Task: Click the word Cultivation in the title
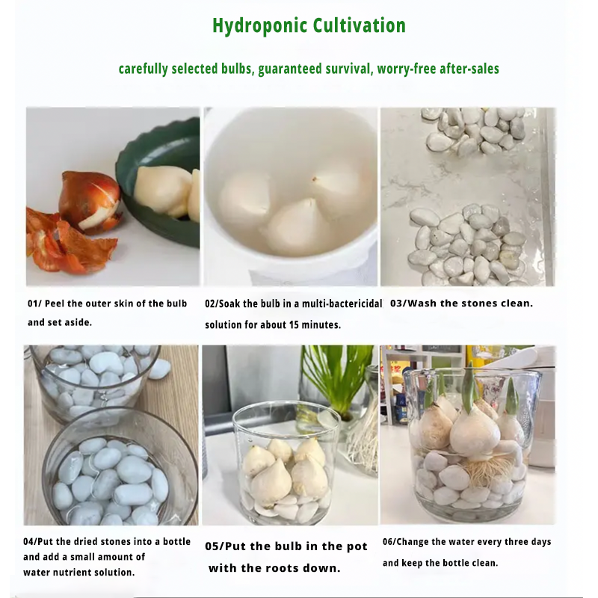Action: coord(360,25)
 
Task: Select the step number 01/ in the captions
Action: coord(34,303)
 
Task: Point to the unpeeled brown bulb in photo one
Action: coord(89,200)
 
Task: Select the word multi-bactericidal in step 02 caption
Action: coord(342,303)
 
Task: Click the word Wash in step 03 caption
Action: coord(422,303)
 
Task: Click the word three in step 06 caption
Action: coord(516,542)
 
